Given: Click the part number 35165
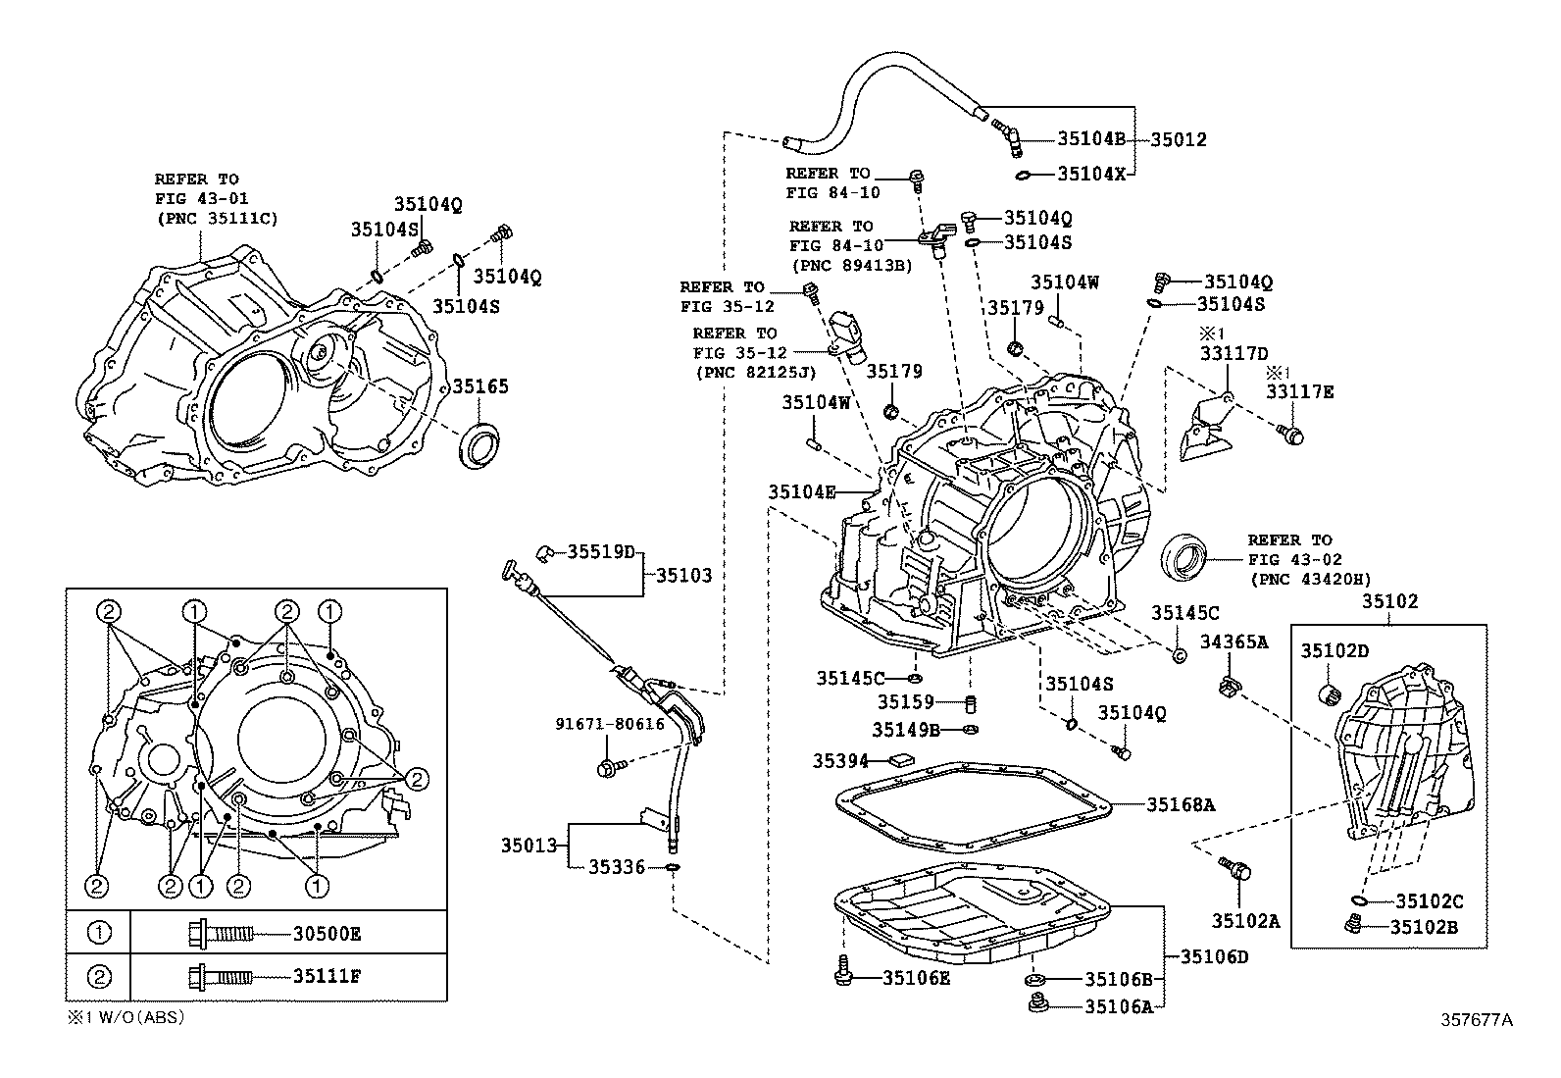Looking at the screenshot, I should [x=480, y=386].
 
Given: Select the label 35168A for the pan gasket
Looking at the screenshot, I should [x=1182, y=805].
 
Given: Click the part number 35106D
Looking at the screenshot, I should [x=1214, y=956].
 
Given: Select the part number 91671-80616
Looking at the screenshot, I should [x=609, y=724].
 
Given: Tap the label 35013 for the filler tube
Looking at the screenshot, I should [x=529, y=845].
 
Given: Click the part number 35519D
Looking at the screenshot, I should [x=601, y=551].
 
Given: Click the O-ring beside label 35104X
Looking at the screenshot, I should [x=1023, y=175].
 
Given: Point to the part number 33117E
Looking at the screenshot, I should [x=1299, y=392].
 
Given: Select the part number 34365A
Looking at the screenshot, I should [x=1234, y=642].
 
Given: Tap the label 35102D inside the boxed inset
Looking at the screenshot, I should [x=1334, y=650].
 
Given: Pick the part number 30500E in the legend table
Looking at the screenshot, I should [x=327, y=934].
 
